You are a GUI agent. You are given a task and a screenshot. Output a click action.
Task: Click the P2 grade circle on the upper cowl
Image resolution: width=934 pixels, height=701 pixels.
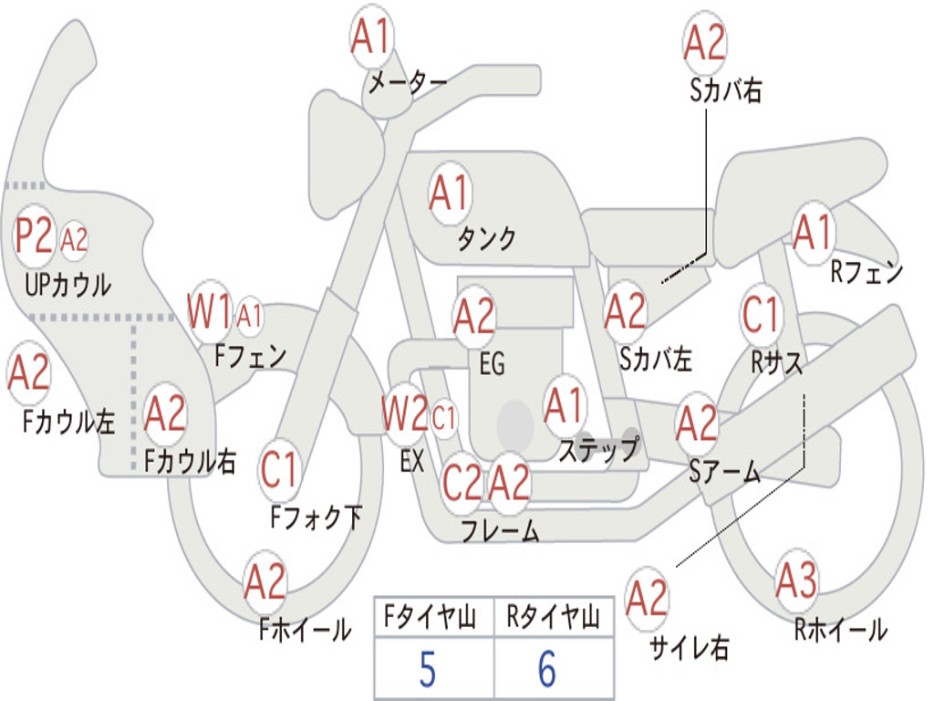point(35,236)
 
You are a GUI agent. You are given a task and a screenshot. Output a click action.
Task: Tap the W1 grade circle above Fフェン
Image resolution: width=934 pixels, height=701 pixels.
point(210,312)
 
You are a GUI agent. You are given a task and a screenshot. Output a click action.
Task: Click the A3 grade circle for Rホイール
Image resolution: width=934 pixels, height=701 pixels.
point(796,581)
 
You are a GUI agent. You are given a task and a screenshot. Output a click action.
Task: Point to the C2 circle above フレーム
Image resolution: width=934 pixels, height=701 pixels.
point(462,482)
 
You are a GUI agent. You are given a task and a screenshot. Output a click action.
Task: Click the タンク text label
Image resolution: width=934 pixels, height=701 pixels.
point(486,239)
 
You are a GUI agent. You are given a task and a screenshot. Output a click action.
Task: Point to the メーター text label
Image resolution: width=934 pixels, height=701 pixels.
point(408,83)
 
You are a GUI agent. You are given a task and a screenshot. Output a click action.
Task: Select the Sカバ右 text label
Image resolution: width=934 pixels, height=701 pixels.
point(726,91)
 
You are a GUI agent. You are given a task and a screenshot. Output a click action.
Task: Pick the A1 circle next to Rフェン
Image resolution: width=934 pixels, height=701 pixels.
point(813,234)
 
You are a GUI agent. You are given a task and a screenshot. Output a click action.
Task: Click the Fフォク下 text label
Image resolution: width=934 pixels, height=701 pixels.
point(317,518)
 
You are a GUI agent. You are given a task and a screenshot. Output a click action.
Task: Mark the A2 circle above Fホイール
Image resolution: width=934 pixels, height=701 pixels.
point(265,582)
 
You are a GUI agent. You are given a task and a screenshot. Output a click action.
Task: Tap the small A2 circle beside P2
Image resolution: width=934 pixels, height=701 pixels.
point(74,240)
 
